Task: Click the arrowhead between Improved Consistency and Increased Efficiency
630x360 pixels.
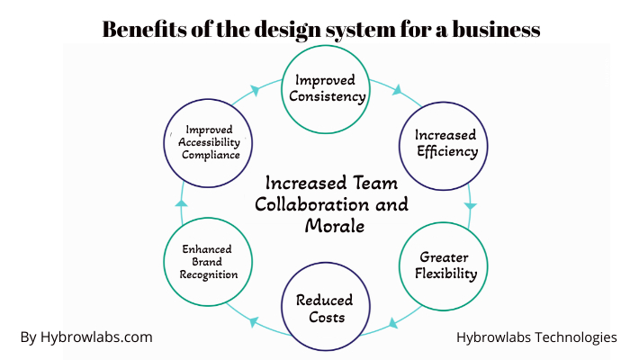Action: pyautogui.click(x=397, y=90)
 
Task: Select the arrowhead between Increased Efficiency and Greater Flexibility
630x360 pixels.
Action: pyautogui.click(x=471, y=206)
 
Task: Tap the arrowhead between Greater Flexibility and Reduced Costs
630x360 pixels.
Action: pyautogui.click(x=393, y=322)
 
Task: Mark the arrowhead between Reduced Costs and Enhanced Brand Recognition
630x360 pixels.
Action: pyautogui.click(x=253, y=321)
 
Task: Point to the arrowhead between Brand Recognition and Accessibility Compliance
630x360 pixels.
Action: pyautogui.click(x=181, y=202)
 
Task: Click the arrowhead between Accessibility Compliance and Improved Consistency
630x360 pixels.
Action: pyautogui.click(x=255, y=90)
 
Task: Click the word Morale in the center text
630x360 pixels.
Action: pyautogui.click(x=335, y=226)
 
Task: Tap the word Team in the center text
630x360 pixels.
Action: pyautogui.click(x=375, y=184)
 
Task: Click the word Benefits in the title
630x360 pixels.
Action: pyautogui.click(x=144, y=29)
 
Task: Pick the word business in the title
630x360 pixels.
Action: pyautogui.click(x=496, y=29)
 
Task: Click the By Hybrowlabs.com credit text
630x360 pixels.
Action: pyautogui.click(x=86, y=337)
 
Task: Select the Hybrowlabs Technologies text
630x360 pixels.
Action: pyautogui.click(x=536, y=337)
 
